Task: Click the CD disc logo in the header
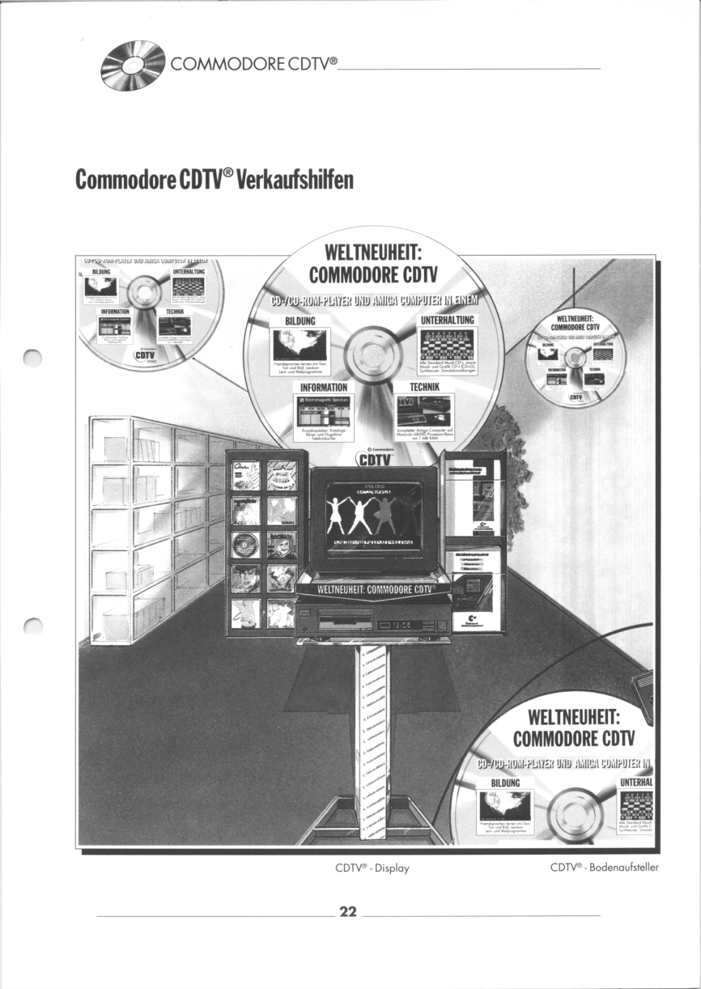pos(133,65)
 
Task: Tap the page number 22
pos(348,912)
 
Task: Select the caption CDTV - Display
pos(372,868)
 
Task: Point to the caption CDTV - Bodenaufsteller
pos(604,868)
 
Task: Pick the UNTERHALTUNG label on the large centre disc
pos(447,321)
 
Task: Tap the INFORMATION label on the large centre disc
pos(324,388)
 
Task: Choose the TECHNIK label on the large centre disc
pos(424,388)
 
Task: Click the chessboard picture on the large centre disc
pos(447,349)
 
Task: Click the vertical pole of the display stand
pos(372,728)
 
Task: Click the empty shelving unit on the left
pos(154,526)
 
